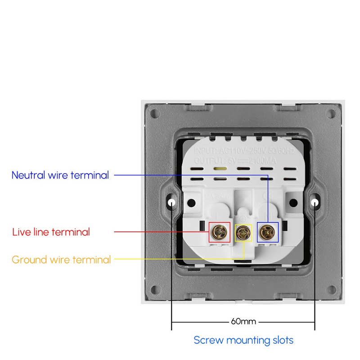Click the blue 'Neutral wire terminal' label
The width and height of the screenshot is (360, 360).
tap(60, 175)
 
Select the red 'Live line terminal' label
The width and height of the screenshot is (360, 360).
tap(51, 232)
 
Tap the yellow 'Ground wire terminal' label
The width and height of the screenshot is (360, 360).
tap(61, 260)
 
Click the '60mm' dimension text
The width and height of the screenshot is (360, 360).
tap(243, 321)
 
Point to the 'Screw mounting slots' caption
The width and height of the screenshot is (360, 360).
tap(243, 340)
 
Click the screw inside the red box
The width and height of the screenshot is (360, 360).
tap(220, 232)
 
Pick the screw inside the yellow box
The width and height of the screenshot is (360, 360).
tap(243, 232)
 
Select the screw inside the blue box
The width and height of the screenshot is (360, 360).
tap(267, 232)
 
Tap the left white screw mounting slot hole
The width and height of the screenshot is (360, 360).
tap(172, 202)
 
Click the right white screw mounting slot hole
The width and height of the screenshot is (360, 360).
tap(315, 202)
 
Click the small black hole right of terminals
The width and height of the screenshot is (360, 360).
tap(295, 202)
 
